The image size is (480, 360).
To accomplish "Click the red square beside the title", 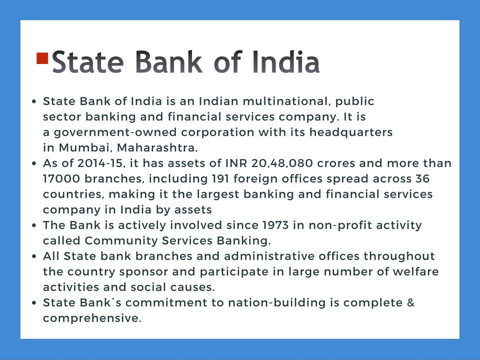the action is point(42,58).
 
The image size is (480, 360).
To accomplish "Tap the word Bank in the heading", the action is point(168,62).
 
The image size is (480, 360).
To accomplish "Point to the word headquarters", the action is point(351,132).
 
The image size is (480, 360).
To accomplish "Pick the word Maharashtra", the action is point(157,148).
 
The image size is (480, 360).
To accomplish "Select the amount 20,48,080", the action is point(282,163).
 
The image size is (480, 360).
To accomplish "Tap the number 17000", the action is point(61,179).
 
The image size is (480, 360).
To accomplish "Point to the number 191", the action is point(220,179).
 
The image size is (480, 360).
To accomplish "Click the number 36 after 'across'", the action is point(422,179).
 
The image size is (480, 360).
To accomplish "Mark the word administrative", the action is point(269,256).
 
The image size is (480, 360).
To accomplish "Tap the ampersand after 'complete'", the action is point(411,303).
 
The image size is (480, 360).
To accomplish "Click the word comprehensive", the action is point(92,318).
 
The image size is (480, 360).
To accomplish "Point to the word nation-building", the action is point(277,303).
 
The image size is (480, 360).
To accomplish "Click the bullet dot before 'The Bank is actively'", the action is point(34,225).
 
